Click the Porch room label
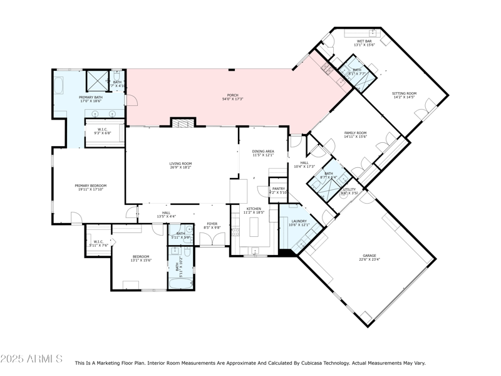tap(232, 95)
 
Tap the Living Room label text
tap(180, 164)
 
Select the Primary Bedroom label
tap(91, 185)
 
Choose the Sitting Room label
tap(404, 93)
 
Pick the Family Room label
tap(355, 133)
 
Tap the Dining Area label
tap(263, 151)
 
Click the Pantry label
tap(277, 188)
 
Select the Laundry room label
tap(297, 221)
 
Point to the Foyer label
tap(212, 224)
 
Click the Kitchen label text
tap(253, 209)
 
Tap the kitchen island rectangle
tap(254, 226)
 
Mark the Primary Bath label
tap(91, 98)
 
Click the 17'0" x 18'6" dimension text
tap(91, 102)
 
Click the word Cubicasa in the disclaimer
tap(324, 363)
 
